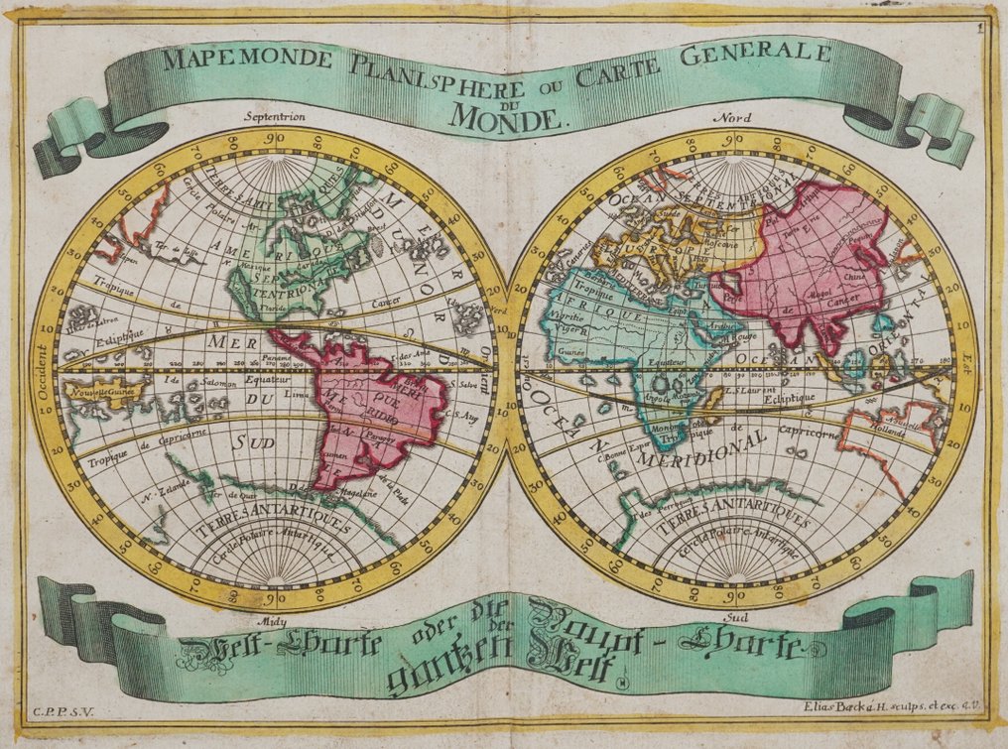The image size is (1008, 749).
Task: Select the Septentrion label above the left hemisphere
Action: pos(275,115)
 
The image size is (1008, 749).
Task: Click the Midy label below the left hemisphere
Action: pos(270,622)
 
